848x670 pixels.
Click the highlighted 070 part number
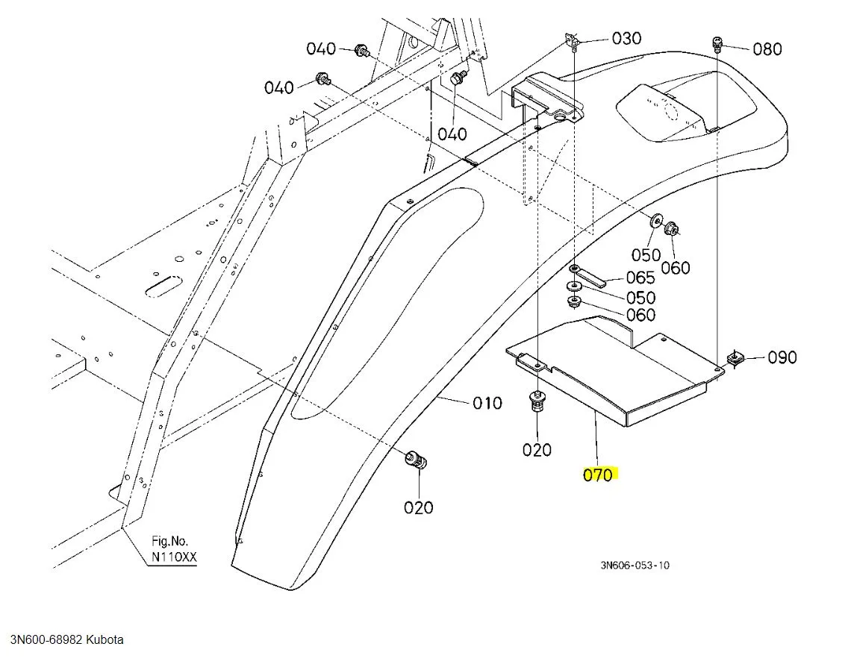pyautogui.click(x=598, y=475)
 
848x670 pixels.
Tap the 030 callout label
pyautogui.click(x=626, y=38)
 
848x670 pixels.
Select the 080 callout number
pyautogui.click(x=767, y=49)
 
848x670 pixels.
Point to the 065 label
pyautogui.click(x=640, y=278)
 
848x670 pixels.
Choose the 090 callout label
pyautogui.click(x=782, y=357)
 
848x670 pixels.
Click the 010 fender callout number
pyautogui.click(x=487, y=403)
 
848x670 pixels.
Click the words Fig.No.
pyautogui.click(x=170, y=541)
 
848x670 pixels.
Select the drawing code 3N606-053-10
pyautogui.click(x=635, y=565)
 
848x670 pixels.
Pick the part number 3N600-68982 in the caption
pyautogui.click(x=46, y=639)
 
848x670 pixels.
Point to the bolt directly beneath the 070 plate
pyautogui.click(x=537, y=403)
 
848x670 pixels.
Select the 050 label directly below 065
pyautogui.click(x=640, y=298)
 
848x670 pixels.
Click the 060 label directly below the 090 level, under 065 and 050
pyautogui.click(x=640, y=315)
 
